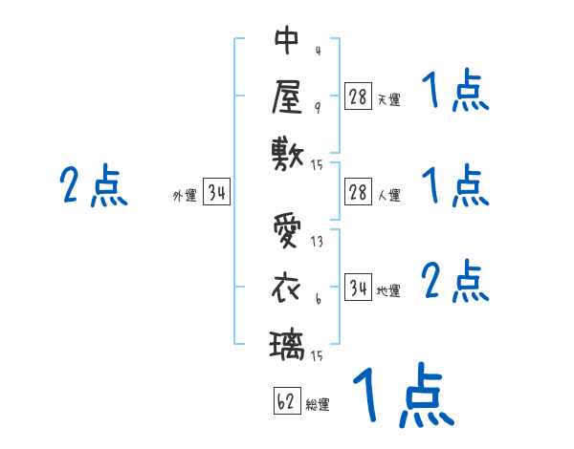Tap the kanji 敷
pos(287,152)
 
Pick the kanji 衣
pos(287,287)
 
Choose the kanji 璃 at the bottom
pos(287,343)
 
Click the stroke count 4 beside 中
pos(317,51)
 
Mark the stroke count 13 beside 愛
pos(317,242)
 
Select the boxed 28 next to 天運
pos(358,96)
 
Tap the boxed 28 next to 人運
pos(358,192)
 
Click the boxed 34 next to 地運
pos(358,288)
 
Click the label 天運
pos(388,99)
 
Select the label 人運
pos(388,195)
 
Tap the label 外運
pos(185,195)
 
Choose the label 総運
pos(318,404)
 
